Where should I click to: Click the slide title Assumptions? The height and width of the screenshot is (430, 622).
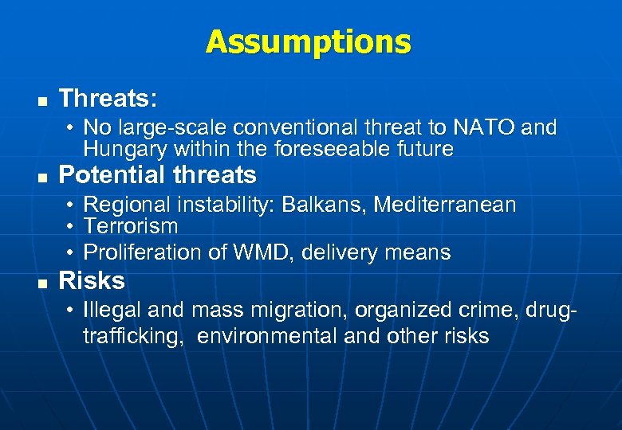click(x=308, y=41)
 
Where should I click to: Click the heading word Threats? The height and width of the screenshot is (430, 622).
click(x=108, y=99)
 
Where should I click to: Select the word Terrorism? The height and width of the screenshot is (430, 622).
click(x=131, y=227)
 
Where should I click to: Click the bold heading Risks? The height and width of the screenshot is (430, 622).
click(x=92, y=280)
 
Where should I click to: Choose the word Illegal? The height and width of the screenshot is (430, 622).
click(x=111, y=310)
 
